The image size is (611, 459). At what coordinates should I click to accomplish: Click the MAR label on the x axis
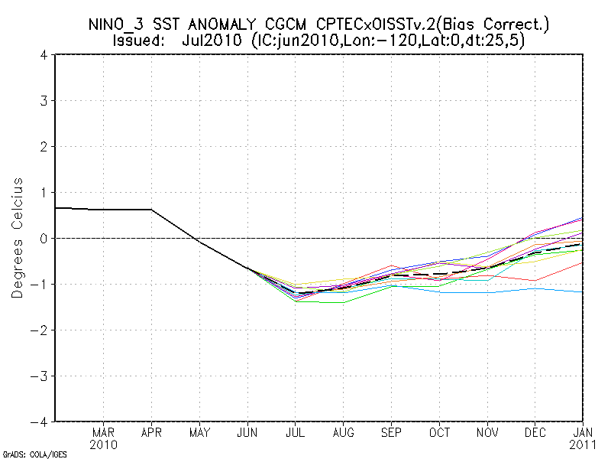coord(103,431)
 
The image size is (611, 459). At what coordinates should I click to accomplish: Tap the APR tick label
coord(151,431)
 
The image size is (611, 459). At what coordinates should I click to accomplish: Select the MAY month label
coord(199,431)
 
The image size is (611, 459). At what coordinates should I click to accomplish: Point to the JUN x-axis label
coord(247,431)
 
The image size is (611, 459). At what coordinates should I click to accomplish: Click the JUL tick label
coord(296,431)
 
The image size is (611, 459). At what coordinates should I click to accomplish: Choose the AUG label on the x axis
coord(344,431)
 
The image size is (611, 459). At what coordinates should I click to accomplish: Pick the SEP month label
coord(392,431)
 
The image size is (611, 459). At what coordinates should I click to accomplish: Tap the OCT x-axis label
coord(440,431)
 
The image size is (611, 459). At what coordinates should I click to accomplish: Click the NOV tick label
coord(488,431)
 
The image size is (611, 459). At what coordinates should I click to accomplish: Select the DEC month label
coord(536,431)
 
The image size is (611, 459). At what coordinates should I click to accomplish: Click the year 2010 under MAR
coord(103,444)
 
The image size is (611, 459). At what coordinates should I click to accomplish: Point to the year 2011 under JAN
coord(584,444)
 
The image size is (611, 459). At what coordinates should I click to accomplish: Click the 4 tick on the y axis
coord(45,55)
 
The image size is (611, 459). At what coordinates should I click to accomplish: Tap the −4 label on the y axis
coord(42,422)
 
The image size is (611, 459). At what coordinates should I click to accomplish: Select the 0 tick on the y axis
coord(45,238)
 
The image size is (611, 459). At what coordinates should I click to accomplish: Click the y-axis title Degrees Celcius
coord(18,238)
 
